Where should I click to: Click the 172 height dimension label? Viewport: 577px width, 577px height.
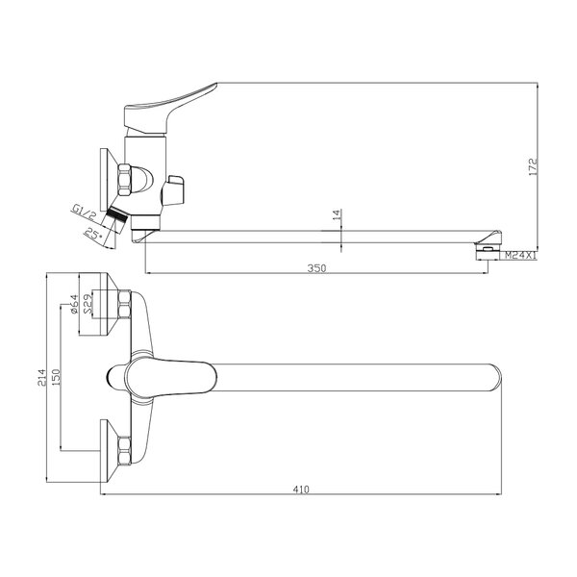click(533, 166)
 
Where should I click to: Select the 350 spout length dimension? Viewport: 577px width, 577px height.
click(316, 268)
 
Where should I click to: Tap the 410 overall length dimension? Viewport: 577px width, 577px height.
click(301, 489)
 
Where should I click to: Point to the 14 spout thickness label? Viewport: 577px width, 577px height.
click(337, 214)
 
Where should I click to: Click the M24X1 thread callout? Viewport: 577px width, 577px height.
click(520, 255)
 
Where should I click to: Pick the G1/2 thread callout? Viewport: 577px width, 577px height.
click(83, 213)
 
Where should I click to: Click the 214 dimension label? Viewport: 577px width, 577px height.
click(41, 377)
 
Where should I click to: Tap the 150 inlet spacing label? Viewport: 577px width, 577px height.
click(56, 377)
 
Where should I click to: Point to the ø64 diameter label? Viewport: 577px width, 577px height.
click(74, 304)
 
